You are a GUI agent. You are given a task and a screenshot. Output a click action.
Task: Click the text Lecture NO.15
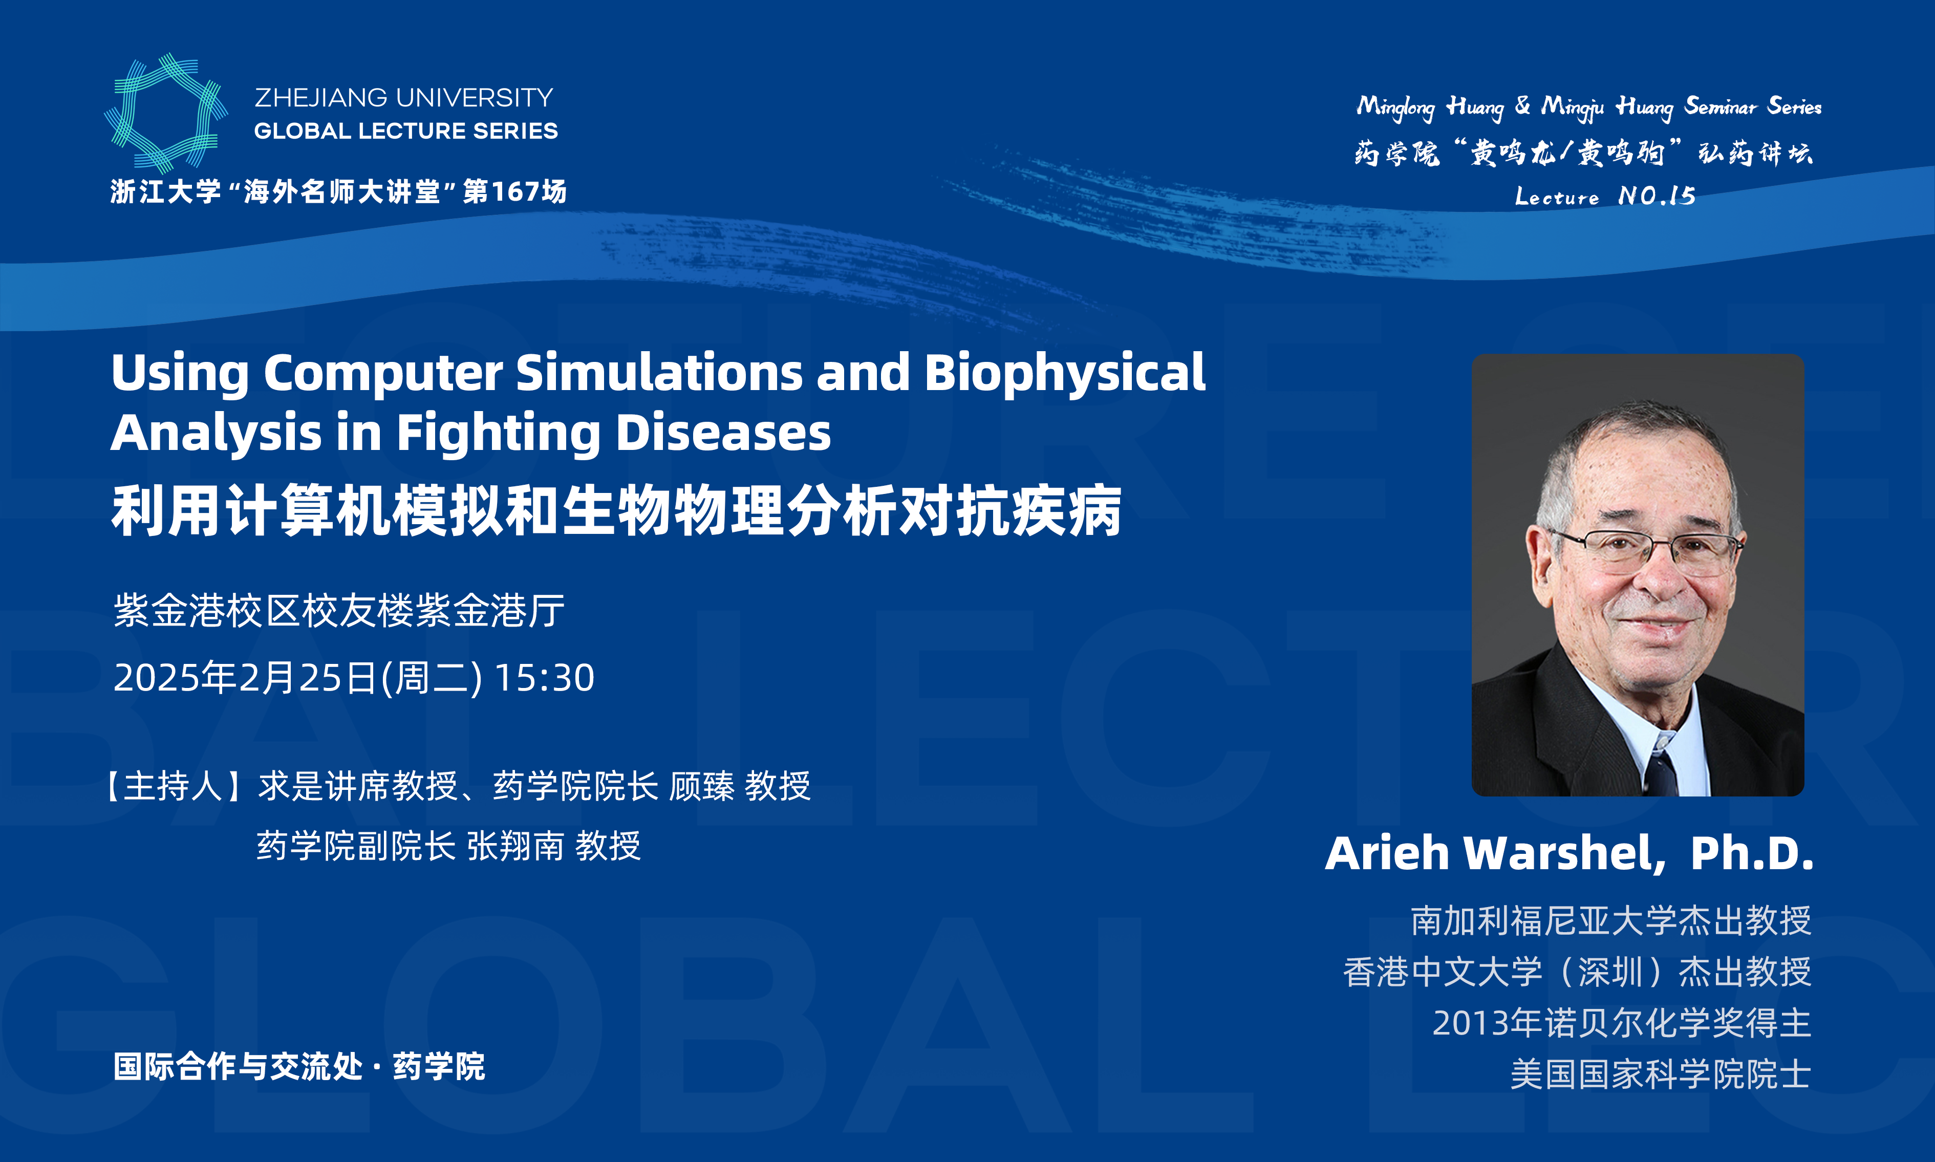(1605, 195)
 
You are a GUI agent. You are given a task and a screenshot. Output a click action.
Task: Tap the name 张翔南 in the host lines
(515, 846)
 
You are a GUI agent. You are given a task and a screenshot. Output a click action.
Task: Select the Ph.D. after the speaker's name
(1752, 853)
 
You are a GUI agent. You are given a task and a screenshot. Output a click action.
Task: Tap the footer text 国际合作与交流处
(238, 1066)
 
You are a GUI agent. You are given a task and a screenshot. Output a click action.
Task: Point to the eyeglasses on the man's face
(1648, 549)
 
